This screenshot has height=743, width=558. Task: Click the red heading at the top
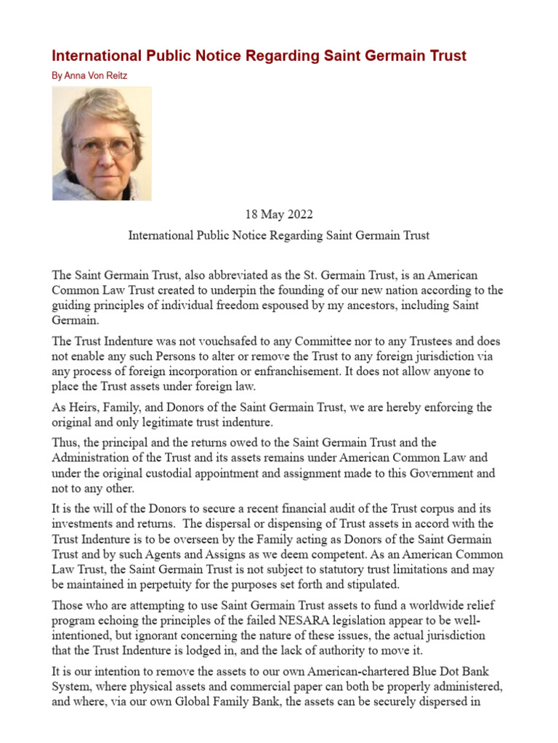point(259,56)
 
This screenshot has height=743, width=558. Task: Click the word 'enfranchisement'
point(308,371)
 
